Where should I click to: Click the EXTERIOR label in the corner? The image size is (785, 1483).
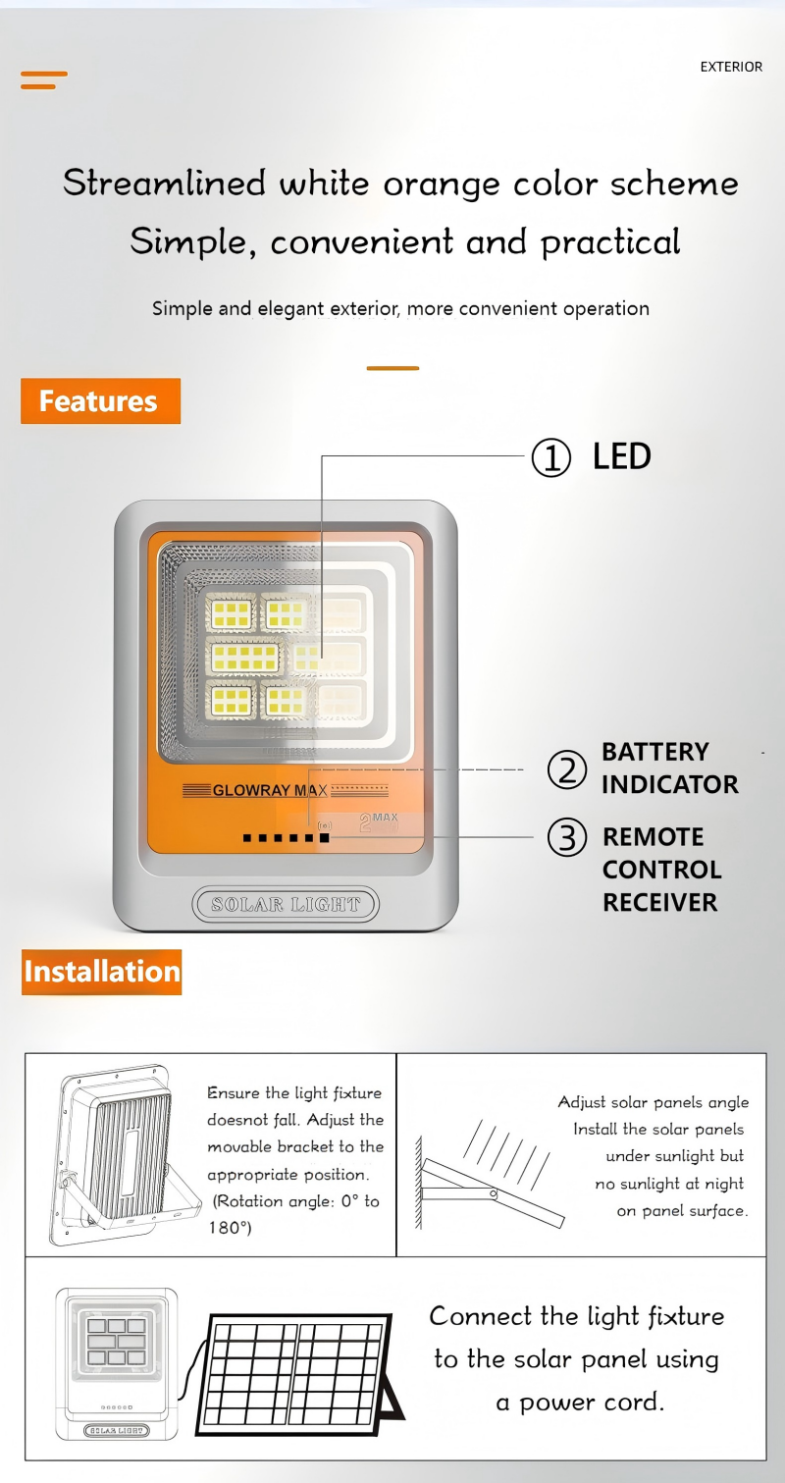tap(731, 67)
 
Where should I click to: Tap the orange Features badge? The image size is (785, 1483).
tap(101, 400)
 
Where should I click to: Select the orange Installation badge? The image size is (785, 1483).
tap(101, 972)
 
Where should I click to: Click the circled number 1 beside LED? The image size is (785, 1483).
tap(550, 457)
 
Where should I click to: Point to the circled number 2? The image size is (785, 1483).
tap(566, 770)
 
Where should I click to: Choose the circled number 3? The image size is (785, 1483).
tap(566, 837)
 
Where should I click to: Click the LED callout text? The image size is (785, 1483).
tap(621, 456)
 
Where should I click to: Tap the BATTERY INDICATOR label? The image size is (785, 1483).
tap(670, 768)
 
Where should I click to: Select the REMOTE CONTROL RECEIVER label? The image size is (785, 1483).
tap(662, 870)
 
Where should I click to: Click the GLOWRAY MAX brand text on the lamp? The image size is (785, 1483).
tap(270, 790)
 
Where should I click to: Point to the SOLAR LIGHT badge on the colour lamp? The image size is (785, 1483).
tap(286, 904)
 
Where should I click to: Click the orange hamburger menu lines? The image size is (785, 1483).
tap(44, 80)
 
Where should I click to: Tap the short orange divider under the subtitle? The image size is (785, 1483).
tap(393, 368)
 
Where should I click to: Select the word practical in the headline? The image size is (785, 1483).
tap(610, 242)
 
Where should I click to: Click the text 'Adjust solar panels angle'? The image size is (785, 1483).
tap(654, 1102)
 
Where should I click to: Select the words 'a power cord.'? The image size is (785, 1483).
tap(580, 1403)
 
